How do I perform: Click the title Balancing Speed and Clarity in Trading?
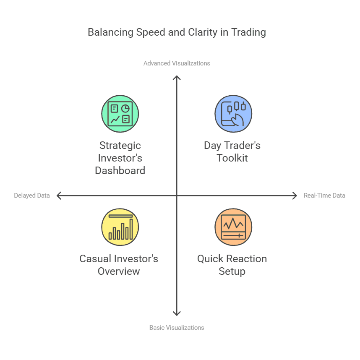click(177, 32)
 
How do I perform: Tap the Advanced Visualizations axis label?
click(177, 63)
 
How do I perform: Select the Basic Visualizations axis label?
click(177, 327)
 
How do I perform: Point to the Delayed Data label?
click(32, 196)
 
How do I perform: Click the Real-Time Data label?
click(324, 196)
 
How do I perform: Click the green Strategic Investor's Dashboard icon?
click(120, 114)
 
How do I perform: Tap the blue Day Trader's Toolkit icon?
click(233, 114)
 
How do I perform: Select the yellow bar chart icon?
click(120, 227)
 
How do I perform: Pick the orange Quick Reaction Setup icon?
click(233, 227)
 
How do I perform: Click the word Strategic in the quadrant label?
click(120, 146)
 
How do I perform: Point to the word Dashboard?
click(120, 171)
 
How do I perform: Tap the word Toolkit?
click(232, 158)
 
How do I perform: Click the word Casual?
click(97, 259)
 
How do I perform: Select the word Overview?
click(119, 271)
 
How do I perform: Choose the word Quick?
click(211, 259)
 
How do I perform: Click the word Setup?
click(232, 271)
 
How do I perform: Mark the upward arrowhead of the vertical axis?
click(177, 78)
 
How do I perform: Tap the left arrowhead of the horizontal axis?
click(58, 195)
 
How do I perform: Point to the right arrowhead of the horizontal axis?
click(295, 195)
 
